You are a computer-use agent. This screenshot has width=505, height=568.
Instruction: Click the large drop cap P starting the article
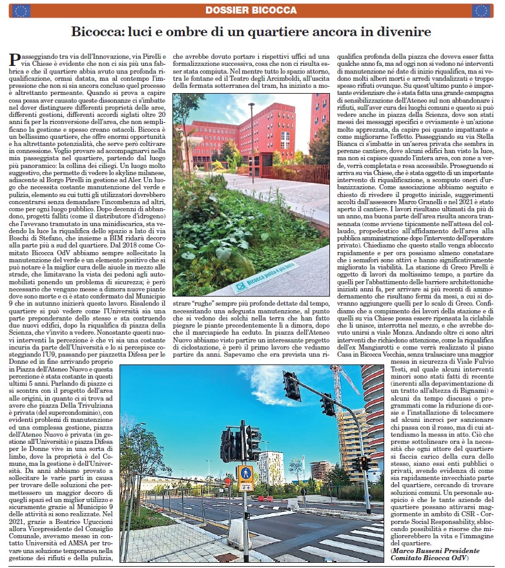pyautogui.click(x=17, y=61)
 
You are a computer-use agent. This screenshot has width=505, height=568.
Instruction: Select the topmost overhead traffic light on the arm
pyautogui.click(x=291, y=386)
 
